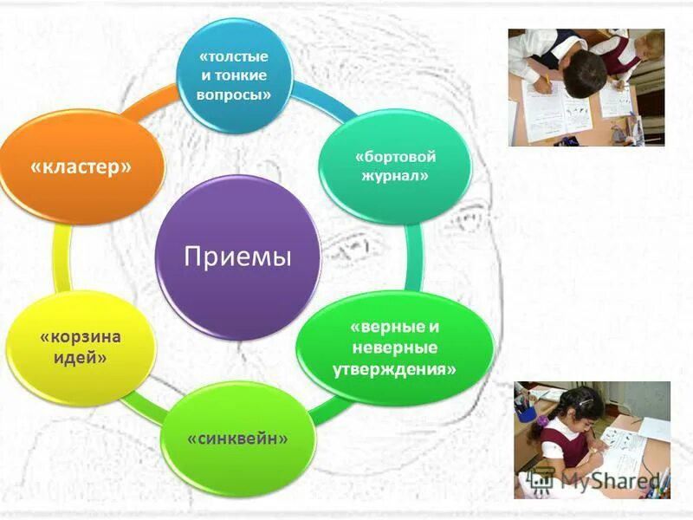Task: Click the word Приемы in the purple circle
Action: click(x=237, y=257)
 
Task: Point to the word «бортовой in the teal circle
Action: click(x=395, y=158)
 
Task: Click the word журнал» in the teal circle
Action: click(x=395, y=176)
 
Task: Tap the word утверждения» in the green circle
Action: click(x=394, y=367)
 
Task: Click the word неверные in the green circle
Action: click(x=394, y=348)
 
